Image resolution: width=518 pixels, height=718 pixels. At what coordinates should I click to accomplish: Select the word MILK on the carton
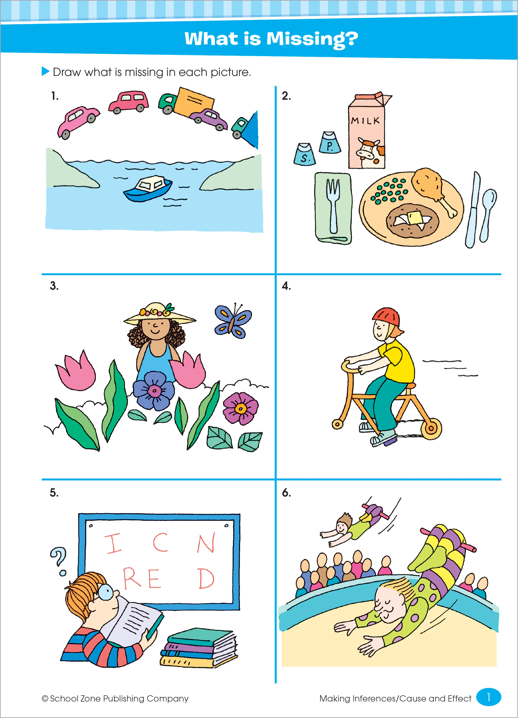tap(365, 120)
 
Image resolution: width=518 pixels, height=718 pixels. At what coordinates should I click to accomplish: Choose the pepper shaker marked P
tap(330, 142)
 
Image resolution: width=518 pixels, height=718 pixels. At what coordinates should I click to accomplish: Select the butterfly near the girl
tap(233, 321)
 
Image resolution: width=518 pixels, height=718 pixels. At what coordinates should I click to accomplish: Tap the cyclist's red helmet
tap(386, 318)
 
